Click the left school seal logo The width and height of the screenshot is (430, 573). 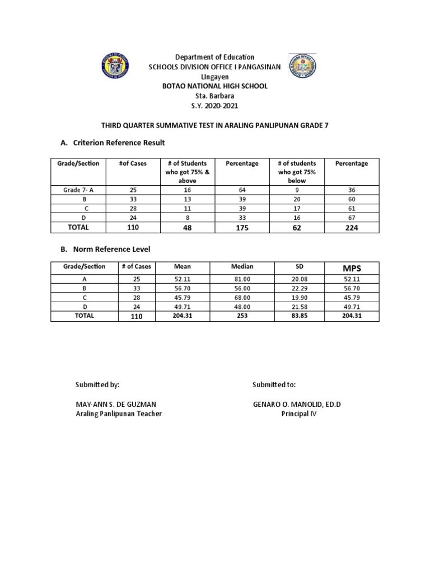tap(115, 67)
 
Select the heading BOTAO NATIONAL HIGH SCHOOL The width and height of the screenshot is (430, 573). tap(214, 86)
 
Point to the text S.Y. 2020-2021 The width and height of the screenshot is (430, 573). tap(214, 106)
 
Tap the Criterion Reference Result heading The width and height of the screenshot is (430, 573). tap(113, 143)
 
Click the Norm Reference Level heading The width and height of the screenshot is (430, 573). tap(105, 248)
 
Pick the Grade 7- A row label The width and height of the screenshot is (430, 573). tap(78, 190)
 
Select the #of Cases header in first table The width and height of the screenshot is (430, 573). tap(133, 163)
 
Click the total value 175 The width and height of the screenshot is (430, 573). tap(242, 228)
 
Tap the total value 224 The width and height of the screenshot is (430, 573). tap(351, 228)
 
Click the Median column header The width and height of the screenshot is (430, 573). tap(242, 267)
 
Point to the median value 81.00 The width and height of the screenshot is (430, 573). tap(242, 279)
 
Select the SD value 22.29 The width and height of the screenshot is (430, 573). tap(297, 289)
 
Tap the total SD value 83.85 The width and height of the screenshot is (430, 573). tap(297, 316)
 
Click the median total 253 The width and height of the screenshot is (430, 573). tap(242, 316)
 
